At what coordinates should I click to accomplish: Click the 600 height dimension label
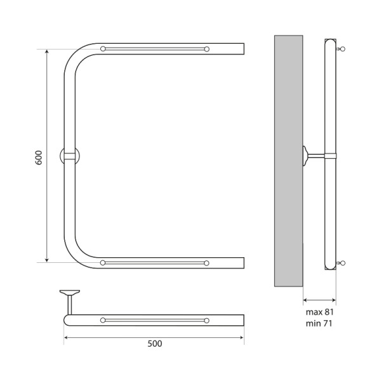coord(38,157)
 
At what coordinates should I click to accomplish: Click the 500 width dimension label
coord(154,344)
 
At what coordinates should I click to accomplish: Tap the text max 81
coord(319,312)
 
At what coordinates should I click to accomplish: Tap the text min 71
coord(319,324)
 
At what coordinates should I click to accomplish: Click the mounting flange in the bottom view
coord(70,293)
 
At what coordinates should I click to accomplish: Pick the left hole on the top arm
coord(103,49)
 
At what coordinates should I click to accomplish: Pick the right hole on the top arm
coord(207,49)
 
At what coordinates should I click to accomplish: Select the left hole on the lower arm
coord(103,263)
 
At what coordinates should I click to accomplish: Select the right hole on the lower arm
coord(207,263)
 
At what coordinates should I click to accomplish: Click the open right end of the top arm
coord(243,49)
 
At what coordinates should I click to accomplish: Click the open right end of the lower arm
coord(243,263)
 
